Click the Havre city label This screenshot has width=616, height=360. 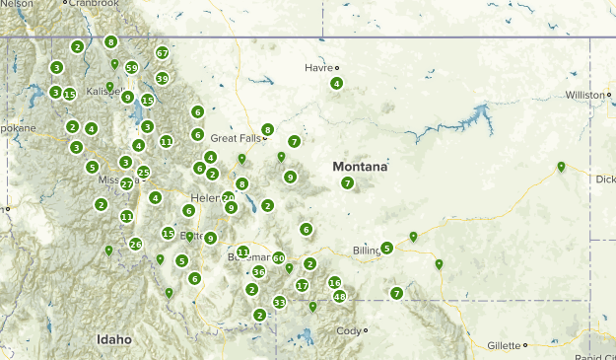click(318, 67)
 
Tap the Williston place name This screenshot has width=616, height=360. click(582, 95)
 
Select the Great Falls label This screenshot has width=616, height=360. click(236, 139)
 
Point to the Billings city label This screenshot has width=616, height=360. click(366, 251)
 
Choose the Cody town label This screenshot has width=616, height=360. click(348, 331)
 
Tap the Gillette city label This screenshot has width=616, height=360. click(503, 345)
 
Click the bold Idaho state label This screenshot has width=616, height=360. click(114, 339)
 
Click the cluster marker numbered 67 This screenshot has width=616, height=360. click(163, 53)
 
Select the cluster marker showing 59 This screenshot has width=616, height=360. click(132, 68)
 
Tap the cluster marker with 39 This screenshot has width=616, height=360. click(163, 78)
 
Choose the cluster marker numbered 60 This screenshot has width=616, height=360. click(279, 258)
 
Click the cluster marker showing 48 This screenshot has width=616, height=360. click(340, 296)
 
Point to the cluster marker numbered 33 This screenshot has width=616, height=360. click(280, 302)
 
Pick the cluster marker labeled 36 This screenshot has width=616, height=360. click(259, 271)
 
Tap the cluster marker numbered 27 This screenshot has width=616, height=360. click(126, 184)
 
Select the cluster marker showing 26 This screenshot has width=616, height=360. click(136, 245)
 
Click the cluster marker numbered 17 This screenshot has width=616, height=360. click(303, 285)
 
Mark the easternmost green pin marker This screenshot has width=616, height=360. click(561, 167)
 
